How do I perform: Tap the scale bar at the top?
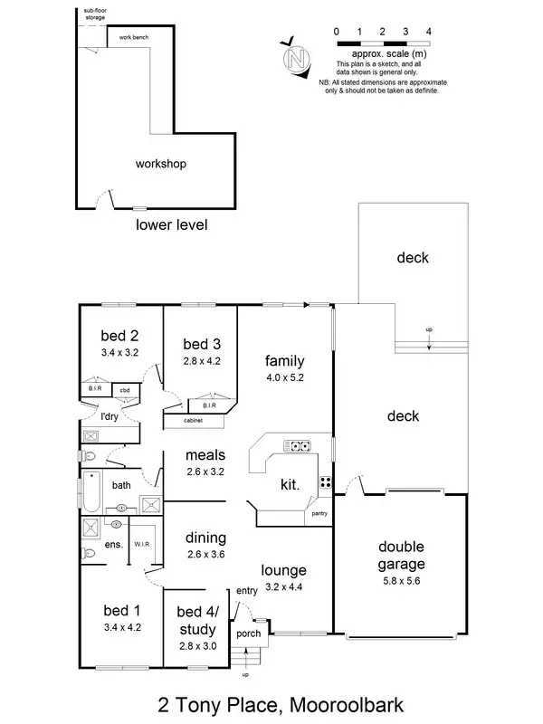click(x=382, y=43)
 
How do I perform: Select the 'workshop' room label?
click(x=160, y=164)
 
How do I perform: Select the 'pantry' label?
click(x=319, y=514)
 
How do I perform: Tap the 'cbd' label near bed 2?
click(x=124, y=391)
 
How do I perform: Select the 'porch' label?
click(x=248, y=633)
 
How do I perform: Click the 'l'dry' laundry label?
click(x=110, y=416)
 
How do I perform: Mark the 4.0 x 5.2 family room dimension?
click(x=284, y=378)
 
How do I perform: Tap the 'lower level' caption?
click(x=171, y=224)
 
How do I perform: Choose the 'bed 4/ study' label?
click(x=196, y=621)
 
